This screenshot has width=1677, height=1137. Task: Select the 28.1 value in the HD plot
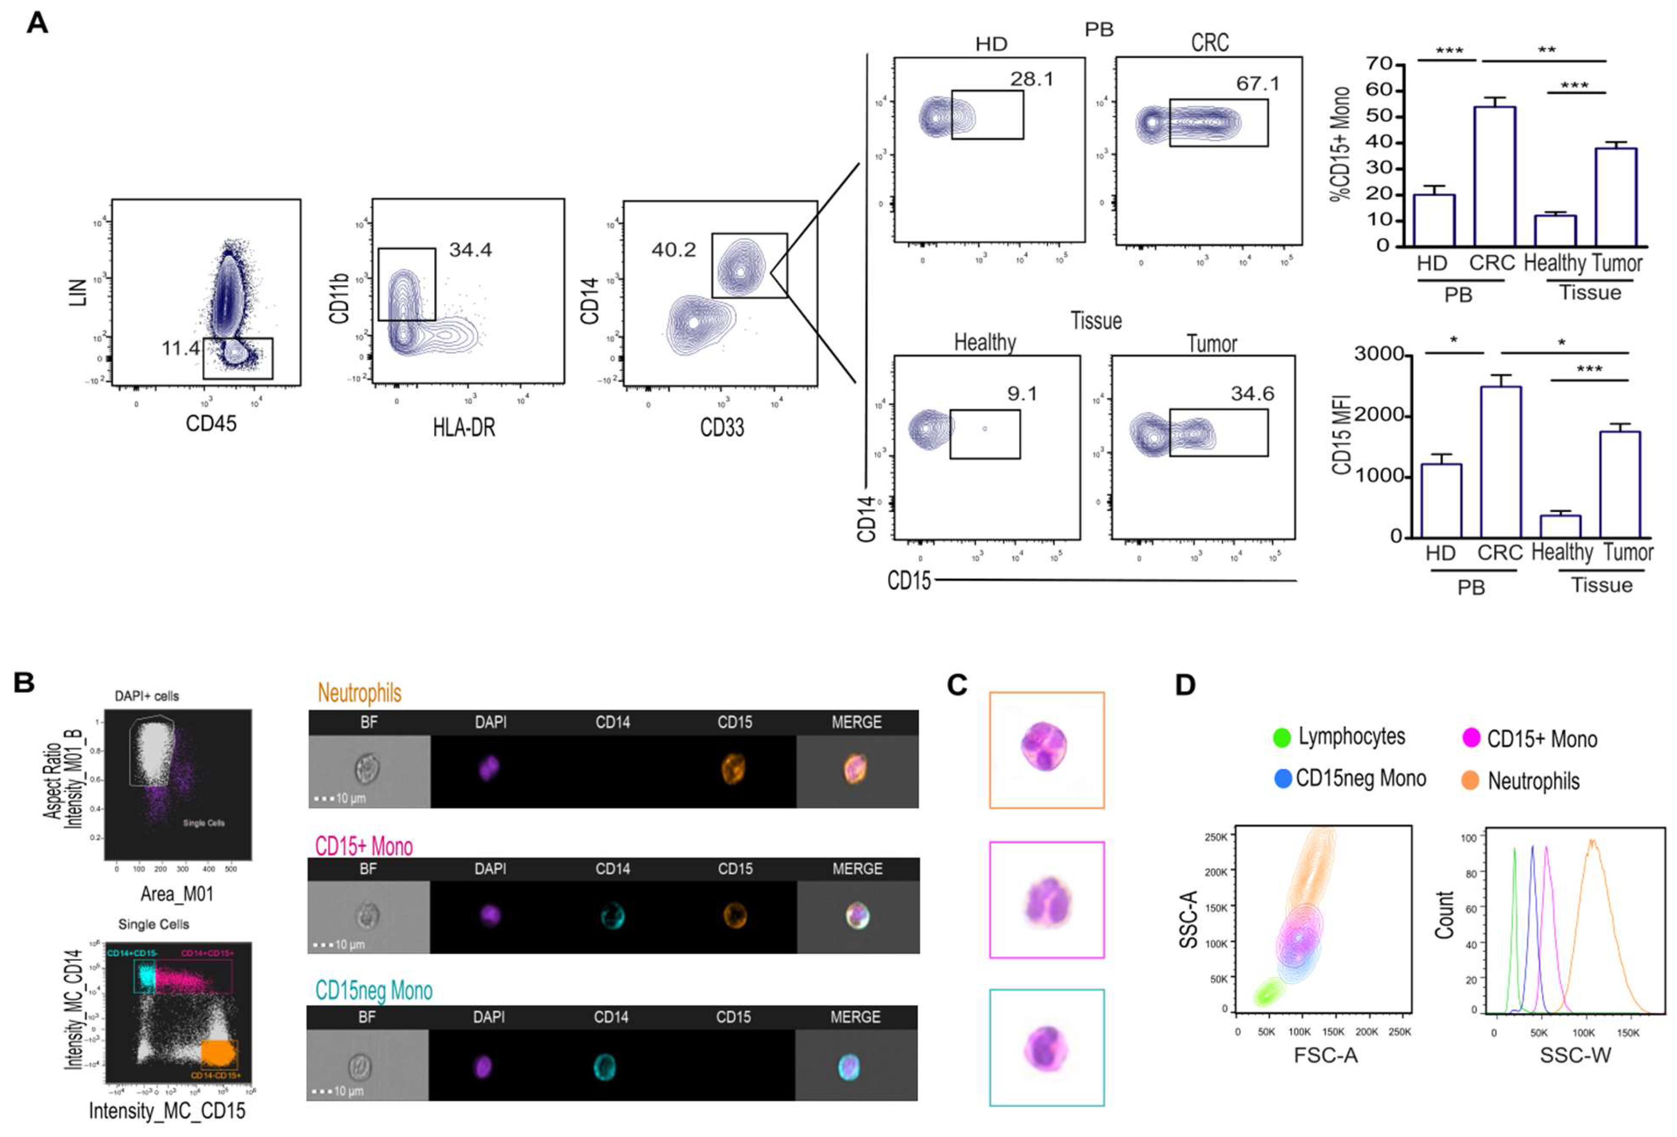(1031, 79)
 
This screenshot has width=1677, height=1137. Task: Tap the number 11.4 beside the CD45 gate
(180, 348)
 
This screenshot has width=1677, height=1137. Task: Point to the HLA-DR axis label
(464, 428)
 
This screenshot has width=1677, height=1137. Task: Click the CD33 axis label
(722, 428)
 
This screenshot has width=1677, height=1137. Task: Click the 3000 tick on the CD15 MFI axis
(1378, 354)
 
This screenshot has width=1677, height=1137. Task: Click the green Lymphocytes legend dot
(1282, 738)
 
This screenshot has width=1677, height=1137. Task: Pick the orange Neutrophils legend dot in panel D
(1470, 780)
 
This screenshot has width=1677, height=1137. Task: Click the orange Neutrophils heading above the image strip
(359, 693)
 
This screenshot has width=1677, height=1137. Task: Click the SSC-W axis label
(1575, 1055)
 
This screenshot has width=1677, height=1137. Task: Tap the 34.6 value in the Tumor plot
(1252, 394)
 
